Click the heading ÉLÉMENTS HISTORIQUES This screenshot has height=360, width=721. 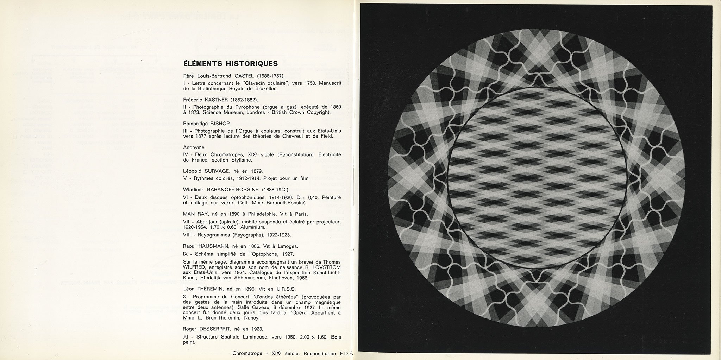(x=231, y=64)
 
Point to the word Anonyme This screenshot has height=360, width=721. (x=194, y=147)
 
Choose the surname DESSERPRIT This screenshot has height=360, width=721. (x=220, y=329)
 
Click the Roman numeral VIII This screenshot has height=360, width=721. (x=188, y=235)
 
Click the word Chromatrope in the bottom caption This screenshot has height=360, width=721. (x=247, y=353)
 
